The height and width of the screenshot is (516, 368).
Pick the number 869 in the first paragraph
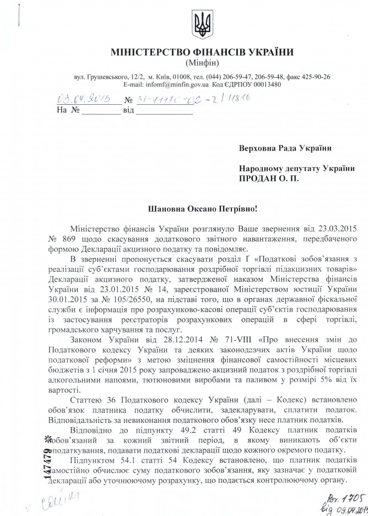tap(82, 239)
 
